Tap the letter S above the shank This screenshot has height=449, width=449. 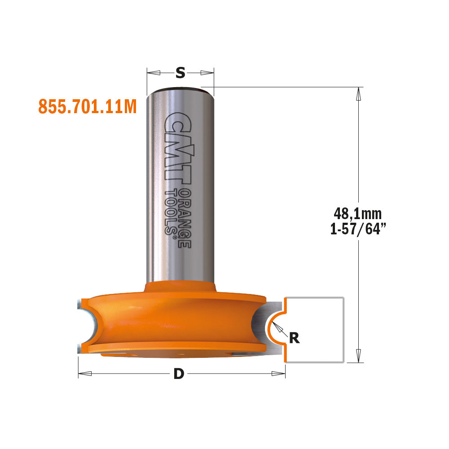tap(180, 73)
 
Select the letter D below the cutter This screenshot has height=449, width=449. tap(179, 374)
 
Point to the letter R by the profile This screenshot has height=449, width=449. tap(294, 337)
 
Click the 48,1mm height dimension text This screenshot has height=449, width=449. tap(358, 214)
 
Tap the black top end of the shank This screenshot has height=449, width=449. tap(180, 88)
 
